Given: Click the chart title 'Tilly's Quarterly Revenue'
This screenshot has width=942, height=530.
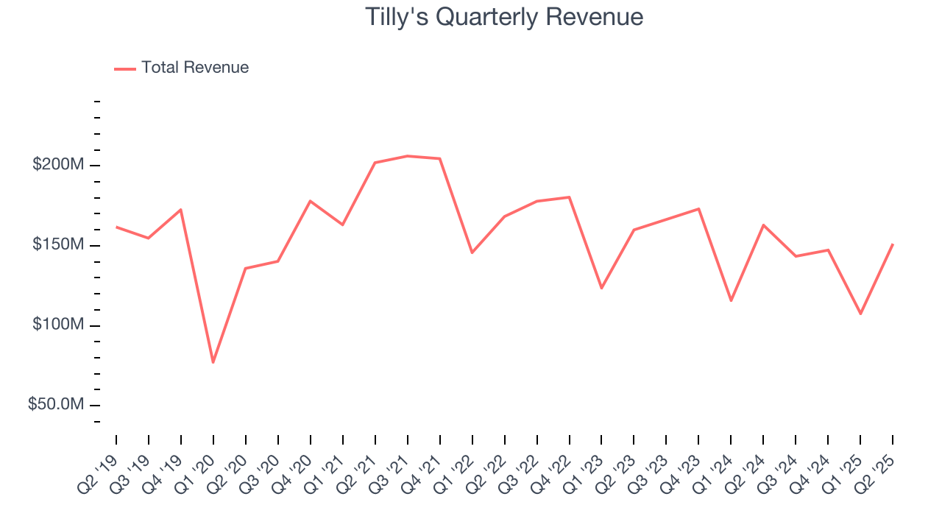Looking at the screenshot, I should click(504, 17).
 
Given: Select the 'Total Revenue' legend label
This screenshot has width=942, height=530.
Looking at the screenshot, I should click(195, 68).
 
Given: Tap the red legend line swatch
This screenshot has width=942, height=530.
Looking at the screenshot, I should click(125, 68).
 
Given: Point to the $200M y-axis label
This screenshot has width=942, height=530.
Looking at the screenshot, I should click(58, 164).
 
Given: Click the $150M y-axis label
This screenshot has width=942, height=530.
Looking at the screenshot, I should click(58, 244).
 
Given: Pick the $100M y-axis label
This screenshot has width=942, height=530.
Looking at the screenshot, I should click(58, 325).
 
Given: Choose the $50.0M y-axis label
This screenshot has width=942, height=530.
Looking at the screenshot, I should click(56, 405).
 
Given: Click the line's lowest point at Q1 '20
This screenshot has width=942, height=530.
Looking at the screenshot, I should click(213, 362).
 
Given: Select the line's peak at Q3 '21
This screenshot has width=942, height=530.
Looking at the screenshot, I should click(408, 156).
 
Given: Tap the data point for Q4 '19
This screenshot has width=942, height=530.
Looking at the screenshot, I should click(181, 210).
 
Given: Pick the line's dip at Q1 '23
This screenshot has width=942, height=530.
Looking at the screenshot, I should click(602, 288).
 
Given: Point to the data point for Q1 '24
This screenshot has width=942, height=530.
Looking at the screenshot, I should click(732, 300).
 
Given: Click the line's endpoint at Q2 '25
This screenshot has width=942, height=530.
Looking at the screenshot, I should click(893, 244).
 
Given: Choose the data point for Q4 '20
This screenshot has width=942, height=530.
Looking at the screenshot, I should click(311, 201).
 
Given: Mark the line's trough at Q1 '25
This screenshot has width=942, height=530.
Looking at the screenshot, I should click(860, 314).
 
